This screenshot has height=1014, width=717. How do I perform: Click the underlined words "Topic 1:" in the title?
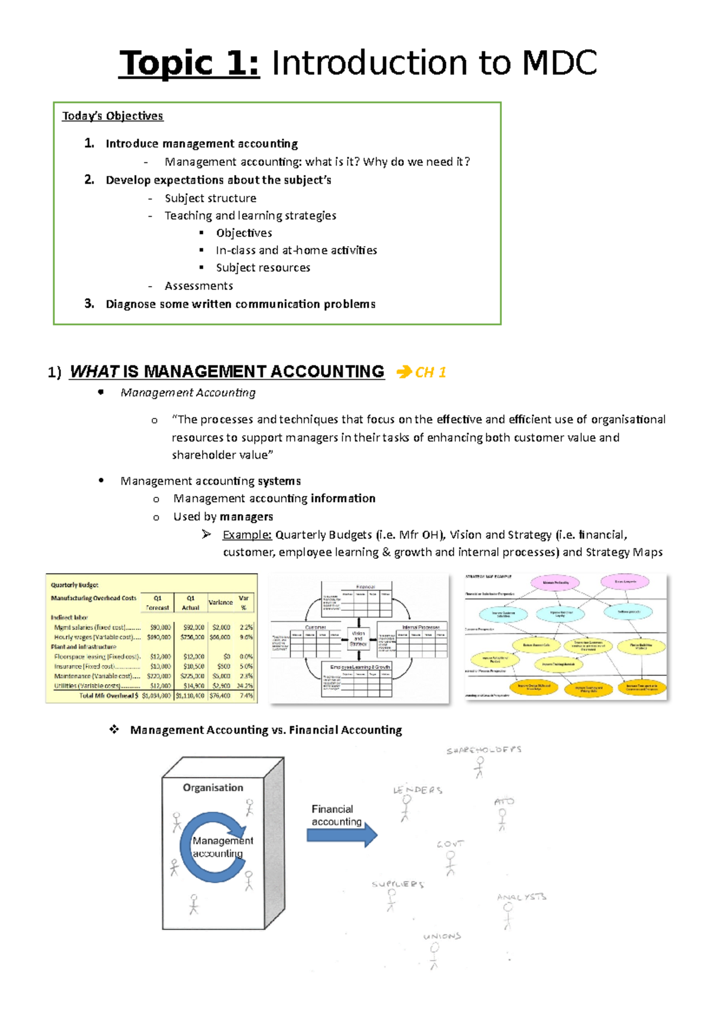[189, 63]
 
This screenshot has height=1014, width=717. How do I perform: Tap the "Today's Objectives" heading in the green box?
[112, 116]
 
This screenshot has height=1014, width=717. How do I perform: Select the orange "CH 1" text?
[431, 373]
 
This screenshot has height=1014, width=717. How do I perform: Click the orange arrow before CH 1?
[404, 372]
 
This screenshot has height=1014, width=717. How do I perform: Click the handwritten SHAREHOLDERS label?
[484, 750]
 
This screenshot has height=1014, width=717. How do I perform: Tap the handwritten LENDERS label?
[418, 790]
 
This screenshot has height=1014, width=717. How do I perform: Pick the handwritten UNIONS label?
[442, 936]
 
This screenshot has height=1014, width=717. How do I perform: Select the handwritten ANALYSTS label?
[522, 897]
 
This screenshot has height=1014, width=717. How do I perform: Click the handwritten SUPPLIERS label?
[398, 884]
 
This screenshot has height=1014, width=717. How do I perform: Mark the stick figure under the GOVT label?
[451, 863]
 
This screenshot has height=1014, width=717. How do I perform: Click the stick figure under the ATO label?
[502, 819]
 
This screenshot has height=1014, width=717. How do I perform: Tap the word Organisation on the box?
[213, 788]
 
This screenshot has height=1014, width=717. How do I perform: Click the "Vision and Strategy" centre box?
[358, 638]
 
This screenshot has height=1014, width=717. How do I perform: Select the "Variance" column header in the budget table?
[220, 603]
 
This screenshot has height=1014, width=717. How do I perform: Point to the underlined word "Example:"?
[247, 535]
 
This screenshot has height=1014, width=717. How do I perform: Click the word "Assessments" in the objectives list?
[198, 286]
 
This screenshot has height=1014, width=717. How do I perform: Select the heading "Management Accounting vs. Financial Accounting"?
[266, 730]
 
